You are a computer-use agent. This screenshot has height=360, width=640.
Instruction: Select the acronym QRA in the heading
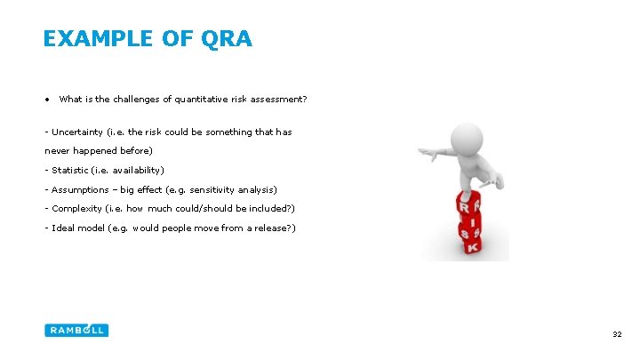point(227,39)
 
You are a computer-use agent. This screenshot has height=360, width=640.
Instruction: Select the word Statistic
point(69,170)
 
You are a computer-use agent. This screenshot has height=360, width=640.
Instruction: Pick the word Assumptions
point(81,189)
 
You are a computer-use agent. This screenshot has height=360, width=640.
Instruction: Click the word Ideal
point(63,228)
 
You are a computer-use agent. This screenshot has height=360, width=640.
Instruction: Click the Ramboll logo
point(76,330)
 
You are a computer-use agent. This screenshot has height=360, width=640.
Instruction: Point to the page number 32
point(616,334)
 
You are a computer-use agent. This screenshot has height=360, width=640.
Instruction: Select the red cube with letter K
point(472,244)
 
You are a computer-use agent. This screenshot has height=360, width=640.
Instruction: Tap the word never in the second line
point(57,150)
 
